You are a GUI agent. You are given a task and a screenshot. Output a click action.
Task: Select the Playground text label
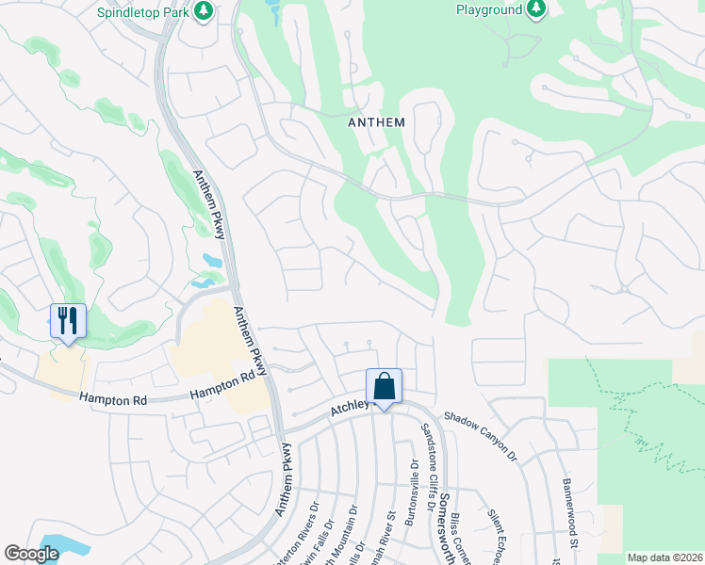click(x=488, y=10)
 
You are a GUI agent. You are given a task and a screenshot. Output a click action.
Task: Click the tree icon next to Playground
click(x=536, y=9)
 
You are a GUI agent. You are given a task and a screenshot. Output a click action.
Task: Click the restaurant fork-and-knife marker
click(x=68, y=321)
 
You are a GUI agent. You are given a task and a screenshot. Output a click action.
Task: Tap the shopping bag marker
click(x=384, y=386)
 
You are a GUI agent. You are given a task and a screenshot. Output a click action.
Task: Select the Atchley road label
click(x=348, y=411)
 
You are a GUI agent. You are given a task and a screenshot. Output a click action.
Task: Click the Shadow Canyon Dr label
click(x=481, y=428)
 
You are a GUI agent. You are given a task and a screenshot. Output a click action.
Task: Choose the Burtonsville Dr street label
click(x=413, y=494)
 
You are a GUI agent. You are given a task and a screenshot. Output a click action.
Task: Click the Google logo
click(x=31, y=554)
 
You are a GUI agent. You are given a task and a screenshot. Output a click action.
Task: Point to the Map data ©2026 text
click(x=664, y=557)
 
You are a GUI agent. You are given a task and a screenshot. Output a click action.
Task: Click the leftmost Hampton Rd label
click(x=113, y=400)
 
